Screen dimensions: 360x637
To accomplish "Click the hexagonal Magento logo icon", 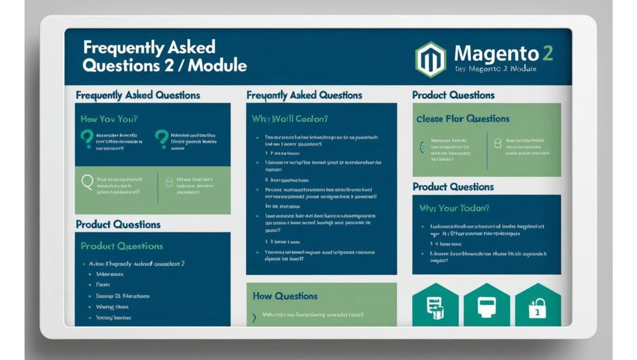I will pyautogui.click(x=430, y=60).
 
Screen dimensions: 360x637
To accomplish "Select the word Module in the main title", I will pyautogui.click(x=217, y=65).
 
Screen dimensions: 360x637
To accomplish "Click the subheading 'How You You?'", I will pyautogui.click(x=109, y=119).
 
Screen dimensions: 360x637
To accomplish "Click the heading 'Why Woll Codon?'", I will pyautogui.click(x=290, y=119).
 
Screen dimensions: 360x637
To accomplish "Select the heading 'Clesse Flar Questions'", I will pyautogui.click(x=463, y=119).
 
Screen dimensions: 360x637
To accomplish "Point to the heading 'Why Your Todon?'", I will pyautogui.click(x=454, y=208).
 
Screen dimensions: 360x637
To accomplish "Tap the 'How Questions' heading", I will pyautogui.click(x=285, y=296).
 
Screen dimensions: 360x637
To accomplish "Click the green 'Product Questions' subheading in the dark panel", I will pyautogui.click(x=122, y=246).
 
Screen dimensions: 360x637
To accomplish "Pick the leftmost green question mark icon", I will pyautogui.click(x=87, y=139).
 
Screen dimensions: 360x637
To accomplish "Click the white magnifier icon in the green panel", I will pyautogui.click(x=87, y=182).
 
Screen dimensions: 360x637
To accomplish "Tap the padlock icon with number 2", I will pyautogui.click(x=537, y=309).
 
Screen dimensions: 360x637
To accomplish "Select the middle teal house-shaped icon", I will pyautogui.click(x=486, y=307).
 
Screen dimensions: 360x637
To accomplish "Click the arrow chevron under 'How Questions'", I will pyautogui.click(x=254, y=318).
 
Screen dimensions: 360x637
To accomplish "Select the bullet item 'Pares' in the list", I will pyautogui.click(x=103, y=285).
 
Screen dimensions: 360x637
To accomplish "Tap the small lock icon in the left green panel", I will pyautogui.click(x=169, y=183).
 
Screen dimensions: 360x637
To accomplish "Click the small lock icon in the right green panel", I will pyautogui.click(x=498, y=144).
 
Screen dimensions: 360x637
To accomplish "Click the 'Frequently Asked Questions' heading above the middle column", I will pyautogui.click(x=304, y=95).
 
